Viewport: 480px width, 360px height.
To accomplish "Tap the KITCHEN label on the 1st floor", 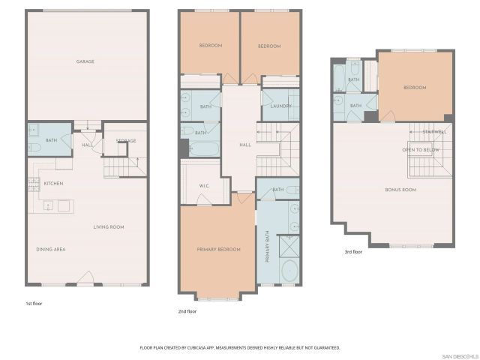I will pos(52,184).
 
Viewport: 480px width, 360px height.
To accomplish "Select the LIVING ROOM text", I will pos(109,227).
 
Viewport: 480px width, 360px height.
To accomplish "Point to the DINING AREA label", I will pos(51,249).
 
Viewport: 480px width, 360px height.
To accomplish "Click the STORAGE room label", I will pos(125,141).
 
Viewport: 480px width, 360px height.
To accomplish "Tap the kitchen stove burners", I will pos(34,183).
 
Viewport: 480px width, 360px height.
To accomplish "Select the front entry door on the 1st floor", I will pos(87,278).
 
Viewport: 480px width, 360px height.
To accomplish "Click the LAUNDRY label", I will pos(280,106).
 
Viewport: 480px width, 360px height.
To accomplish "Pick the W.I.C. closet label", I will pos(203,186).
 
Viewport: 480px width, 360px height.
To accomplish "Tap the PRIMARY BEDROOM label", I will pos(219,249).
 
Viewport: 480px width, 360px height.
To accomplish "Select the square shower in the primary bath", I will pos(289,245).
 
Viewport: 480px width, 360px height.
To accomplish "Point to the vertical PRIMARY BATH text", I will pos(268,247).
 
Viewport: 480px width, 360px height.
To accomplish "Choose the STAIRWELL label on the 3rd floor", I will pos(434,132).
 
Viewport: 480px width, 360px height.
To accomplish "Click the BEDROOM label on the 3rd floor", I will pos(415,88).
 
